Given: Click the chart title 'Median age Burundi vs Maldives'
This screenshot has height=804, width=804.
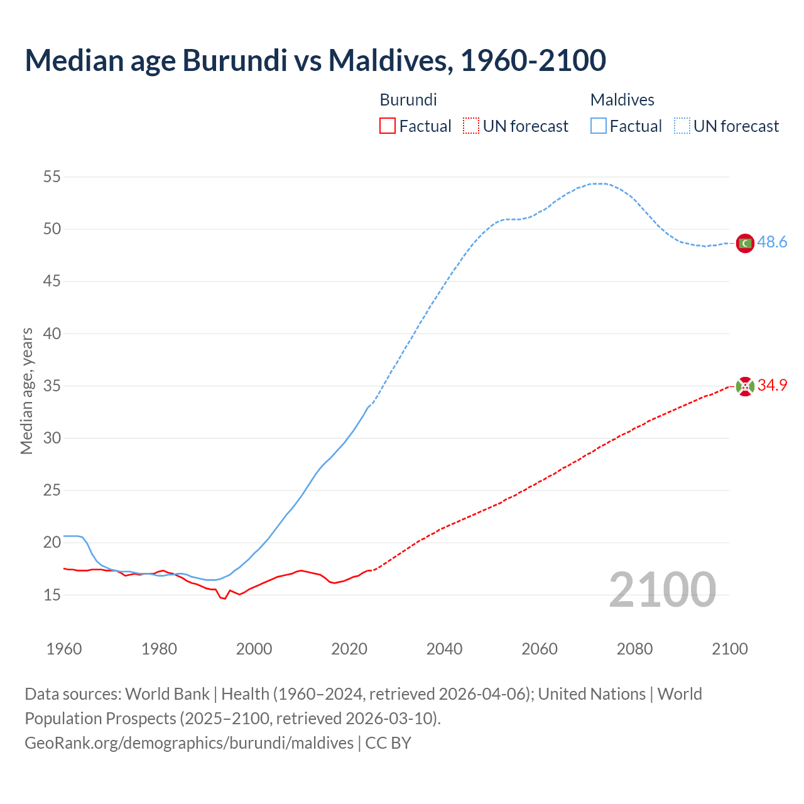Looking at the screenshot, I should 315,60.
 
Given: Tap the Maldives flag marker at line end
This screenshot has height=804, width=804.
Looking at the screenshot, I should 745,243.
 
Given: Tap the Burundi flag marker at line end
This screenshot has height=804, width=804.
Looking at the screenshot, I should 745,386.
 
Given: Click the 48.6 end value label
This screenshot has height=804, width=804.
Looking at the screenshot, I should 772,242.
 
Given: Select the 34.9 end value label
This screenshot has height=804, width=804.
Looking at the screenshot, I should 772,385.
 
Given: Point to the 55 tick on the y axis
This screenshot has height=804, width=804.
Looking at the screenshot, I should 52,177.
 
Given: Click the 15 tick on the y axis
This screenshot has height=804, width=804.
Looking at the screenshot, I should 52,595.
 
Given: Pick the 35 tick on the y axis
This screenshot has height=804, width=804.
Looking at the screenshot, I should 52,386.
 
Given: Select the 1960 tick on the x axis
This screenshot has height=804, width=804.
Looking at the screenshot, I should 64,649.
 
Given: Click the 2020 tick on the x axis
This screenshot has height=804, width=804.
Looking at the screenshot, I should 349,649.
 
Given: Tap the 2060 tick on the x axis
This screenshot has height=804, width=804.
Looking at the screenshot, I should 540,649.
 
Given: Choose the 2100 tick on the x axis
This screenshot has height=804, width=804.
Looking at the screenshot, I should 730,649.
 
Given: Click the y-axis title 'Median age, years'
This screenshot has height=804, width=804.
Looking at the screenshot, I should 26,391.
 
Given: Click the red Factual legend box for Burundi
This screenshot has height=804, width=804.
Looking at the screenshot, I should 388,126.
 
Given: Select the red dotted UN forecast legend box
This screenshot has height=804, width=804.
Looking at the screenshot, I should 471,126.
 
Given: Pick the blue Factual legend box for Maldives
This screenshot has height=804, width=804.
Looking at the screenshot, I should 599,126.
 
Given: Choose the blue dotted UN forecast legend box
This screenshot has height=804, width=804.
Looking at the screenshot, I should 682,126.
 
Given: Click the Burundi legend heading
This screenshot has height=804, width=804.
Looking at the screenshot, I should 408,100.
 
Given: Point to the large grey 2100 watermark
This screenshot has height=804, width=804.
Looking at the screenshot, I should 662,590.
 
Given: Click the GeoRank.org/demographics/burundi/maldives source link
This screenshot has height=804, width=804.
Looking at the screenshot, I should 189,743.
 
